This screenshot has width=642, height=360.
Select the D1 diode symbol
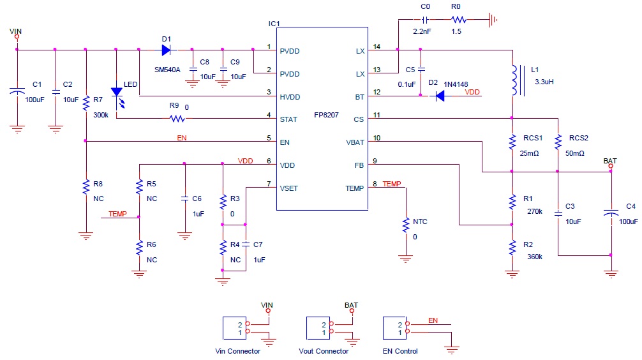(x=167, y=49)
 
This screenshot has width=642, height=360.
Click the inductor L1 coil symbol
(x=512, y=80)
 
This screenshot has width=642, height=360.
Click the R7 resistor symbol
(x=86, y=103)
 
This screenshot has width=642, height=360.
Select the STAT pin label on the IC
(x=288, y=119)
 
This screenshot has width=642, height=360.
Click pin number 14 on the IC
(x=377, y=47)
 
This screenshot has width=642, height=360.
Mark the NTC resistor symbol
(x=405, y=226)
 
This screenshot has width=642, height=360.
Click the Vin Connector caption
(x=238, y=351)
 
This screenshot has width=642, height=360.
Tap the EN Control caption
(x=400, y=351)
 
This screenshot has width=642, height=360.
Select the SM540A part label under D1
(x=167, y=70)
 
